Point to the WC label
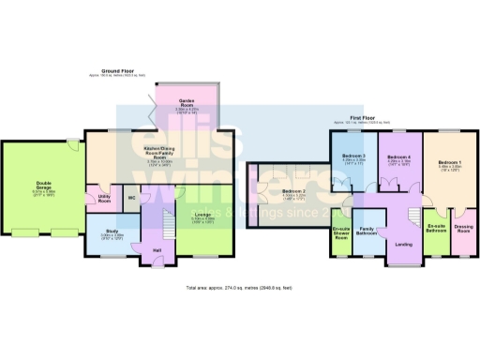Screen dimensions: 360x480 click(x=132, y=199)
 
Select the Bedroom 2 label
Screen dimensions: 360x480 click(x=294, y=193)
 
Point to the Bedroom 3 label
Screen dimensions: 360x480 click(x=353, y=156)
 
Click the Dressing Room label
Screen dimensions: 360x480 click(x=463, y=227)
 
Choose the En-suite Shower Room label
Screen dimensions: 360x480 click(x=341, y=233)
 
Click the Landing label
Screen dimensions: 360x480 click(x=404, y=245)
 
